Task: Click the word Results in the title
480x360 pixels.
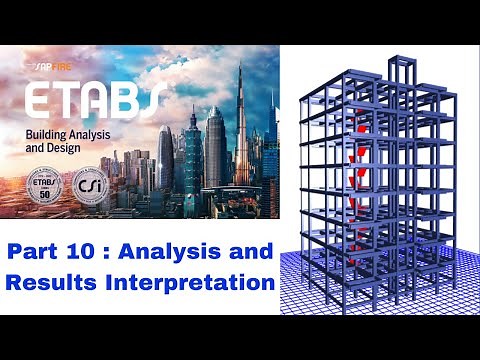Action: [50, 283]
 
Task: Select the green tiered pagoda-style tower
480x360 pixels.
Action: [192, 160]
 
